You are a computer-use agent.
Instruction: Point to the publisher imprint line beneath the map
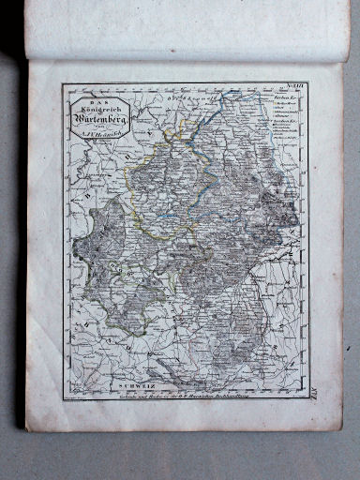(187, 394)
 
